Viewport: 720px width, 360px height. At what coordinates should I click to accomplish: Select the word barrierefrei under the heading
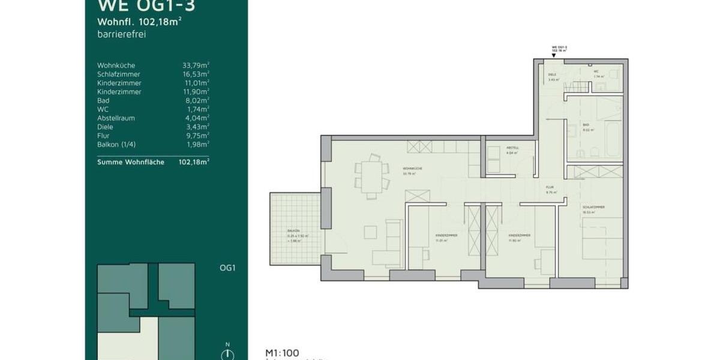click(121, 34)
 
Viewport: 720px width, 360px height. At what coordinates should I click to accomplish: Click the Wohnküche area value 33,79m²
click(196, 65)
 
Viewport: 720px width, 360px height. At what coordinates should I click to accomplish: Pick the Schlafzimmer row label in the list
click(119, 74)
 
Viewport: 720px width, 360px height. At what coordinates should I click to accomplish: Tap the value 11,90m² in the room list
click(196, 92)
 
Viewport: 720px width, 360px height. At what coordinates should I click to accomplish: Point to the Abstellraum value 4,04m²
click(197, 118)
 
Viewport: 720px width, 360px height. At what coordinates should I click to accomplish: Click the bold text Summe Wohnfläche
click(130, 162)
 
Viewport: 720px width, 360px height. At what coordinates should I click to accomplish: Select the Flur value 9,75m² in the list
click(197, 136)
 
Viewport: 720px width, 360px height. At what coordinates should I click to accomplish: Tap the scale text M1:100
click(282, 353)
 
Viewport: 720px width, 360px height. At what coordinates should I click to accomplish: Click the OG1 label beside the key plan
click(227, 268)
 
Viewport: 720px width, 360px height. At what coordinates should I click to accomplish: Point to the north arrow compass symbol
click(227, 354)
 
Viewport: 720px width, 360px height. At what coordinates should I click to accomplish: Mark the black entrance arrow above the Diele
click(553, 56)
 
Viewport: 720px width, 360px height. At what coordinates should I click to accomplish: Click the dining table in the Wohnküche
click(371, 175)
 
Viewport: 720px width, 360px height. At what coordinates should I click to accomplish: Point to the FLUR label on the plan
click(549, 187)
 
